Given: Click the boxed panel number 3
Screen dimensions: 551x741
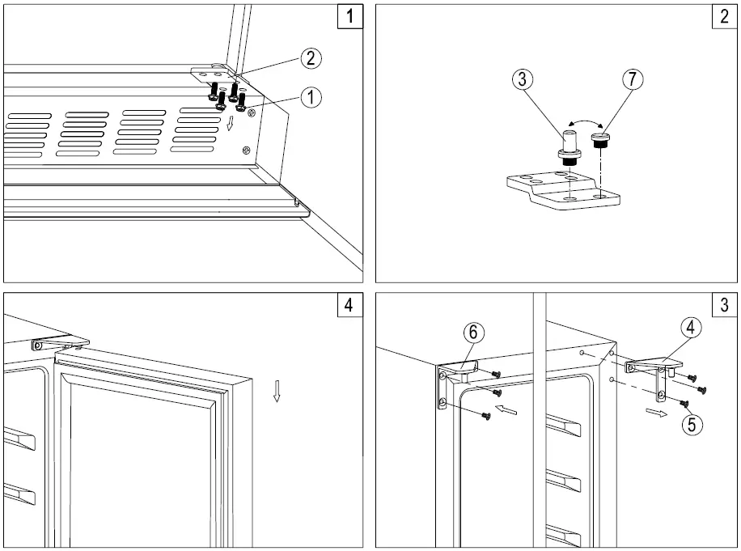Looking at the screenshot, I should (x=723, y=305).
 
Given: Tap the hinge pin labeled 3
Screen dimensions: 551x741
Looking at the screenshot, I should (x=569, y=142).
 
